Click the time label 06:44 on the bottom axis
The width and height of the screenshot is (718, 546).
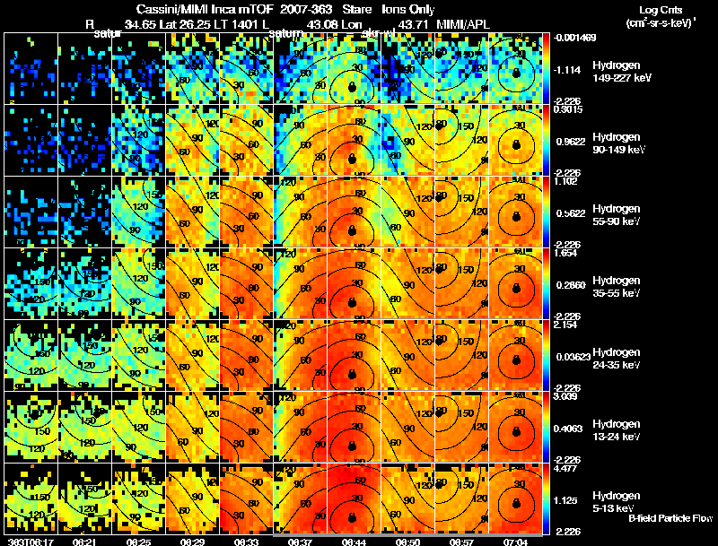coord(353,542)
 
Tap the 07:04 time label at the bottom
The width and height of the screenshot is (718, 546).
coord(514,542)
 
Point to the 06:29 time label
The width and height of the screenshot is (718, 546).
coord(192,542)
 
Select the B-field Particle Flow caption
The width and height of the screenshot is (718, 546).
coord(670,518)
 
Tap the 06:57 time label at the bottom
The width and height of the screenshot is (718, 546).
coord(460,542)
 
